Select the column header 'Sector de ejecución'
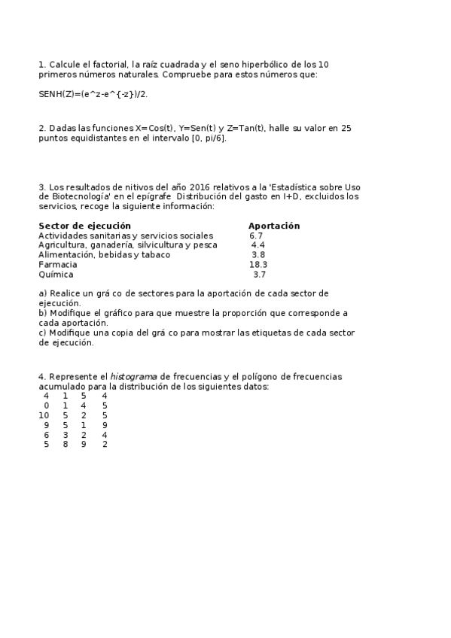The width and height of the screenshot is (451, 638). (84, 226)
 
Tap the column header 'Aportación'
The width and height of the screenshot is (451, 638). (274, 226)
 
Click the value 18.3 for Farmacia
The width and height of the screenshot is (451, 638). (258, 265)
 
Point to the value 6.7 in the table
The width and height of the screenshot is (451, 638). (257, 235)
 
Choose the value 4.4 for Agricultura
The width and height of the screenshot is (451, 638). (258, 245)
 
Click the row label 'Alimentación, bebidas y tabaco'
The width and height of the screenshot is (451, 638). (104, 255)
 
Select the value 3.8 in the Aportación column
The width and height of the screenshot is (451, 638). (258, 255)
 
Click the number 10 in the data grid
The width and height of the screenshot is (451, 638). (44, 415)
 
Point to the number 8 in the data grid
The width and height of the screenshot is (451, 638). (66, 445)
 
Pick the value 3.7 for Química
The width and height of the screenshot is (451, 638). (259, 275)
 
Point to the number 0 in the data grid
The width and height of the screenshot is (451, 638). (47, 406)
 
